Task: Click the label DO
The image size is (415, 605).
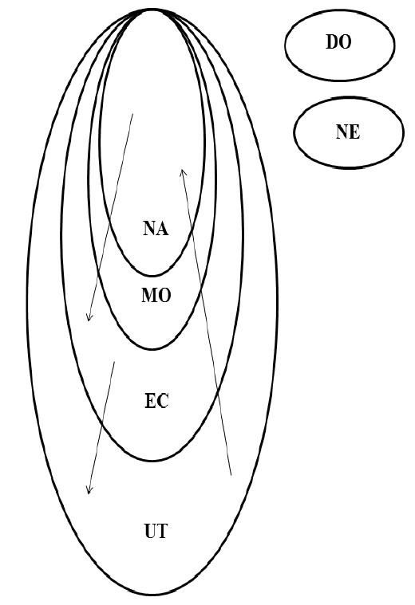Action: tap(338, 42)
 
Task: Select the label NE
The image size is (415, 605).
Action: tap(348, 132)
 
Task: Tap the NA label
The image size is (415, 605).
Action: tap(156, 229)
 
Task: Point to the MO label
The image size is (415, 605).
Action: tap(156, 296)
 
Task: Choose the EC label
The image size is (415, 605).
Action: tap(156, 401)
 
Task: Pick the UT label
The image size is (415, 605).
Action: tap(156, 531)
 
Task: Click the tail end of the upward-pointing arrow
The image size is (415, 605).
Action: tap(231, 475)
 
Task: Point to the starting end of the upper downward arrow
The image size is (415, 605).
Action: tap(133, 114)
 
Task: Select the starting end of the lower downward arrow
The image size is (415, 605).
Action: tap(115, 362)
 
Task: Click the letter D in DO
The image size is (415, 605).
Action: tap(332, 42)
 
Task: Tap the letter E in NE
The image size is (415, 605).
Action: tap(355, 132)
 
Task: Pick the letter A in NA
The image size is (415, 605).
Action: tap(163, 229)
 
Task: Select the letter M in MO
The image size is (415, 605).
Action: tap(149, 296)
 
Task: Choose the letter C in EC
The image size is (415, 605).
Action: tap(163, 401)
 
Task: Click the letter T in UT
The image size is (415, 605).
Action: tap(163, 531)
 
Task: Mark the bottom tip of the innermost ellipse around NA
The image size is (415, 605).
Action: tap(152, 276)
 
